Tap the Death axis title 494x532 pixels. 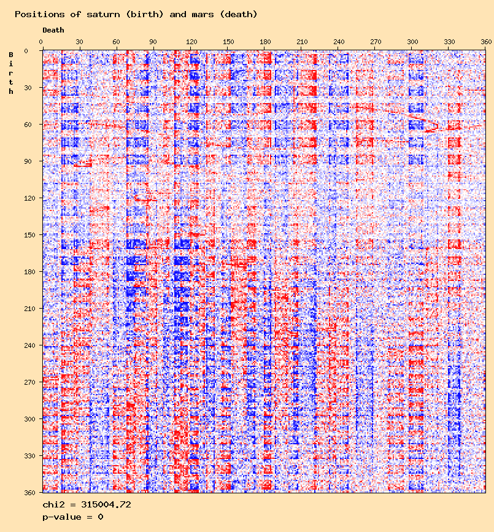pos(53,30)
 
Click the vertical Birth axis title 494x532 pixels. pos(11,73)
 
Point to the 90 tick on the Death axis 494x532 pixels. pos(153,42)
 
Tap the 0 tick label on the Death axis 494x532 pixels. pos(42,42)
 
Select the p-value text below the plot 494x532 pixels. pos(72,517)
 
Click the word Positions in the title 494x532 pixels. pos(37,14)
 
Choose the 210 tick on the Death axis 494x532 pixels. pos(301,42)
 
